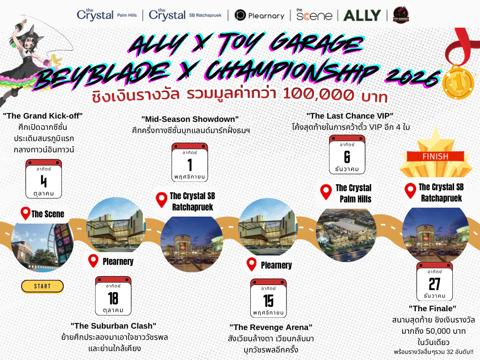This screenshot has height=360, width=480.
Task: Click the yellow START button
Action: pyautogui.click(x=42, y=286)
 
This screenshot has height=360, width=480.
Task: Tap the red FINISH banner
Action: pyautogui.click(x=435, y=157)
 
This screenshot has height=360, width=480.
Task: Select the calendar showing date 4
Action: pyautogui.click(x=44, y=179)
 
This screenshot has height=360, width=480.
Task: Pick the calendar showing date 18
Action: pyautogui.click(x=113, y=296)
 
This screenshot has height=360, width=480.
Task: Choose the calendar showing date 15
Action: pyautogui.click(x=269, y=298)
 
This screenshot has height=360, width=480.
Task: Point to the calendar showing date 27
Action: pyautogui.click(x=435, y=281)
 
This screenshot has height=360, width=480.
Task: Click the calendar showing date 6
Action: pyautogui.click(x=347, y=155)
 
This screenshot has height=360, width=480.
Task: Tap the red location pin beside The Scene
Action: pyautogui.click(x=25, y=213)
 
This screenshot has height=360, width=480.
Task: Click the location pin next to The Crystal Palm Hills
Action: pyautogui.click(x=326, y=192)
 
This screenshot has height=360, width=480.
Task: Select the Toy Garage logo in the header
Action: pyautogui.click(x=401, y=15)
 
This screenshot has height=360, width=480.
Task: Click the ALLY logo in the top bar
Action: pyautogui.click(x=362, y=15)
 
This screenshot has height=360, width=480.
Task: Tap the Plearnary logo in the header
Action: pyautogui.click(x=259, y=15)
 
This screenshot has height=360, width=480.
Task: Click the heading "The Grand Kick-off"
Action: pyautogui.click(x=43, y=116)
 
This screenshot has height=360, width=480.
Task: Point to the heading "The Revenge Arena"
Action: pyautogui.click(x=271, y=327)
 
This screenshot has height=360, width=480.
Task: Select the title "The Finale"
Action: pyautogui.click(x=433, y=308)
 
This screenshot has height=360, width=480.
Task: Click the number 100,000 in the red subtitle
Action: pyautogui.click(x=318, y=94)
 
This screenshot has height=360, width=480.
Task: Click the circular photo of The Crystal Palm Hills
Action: pyautogui.click(x=346, y=235)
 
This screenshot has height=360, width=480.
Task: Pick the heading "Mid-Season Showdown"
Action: pyautogui.click(x=190, y=119)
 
